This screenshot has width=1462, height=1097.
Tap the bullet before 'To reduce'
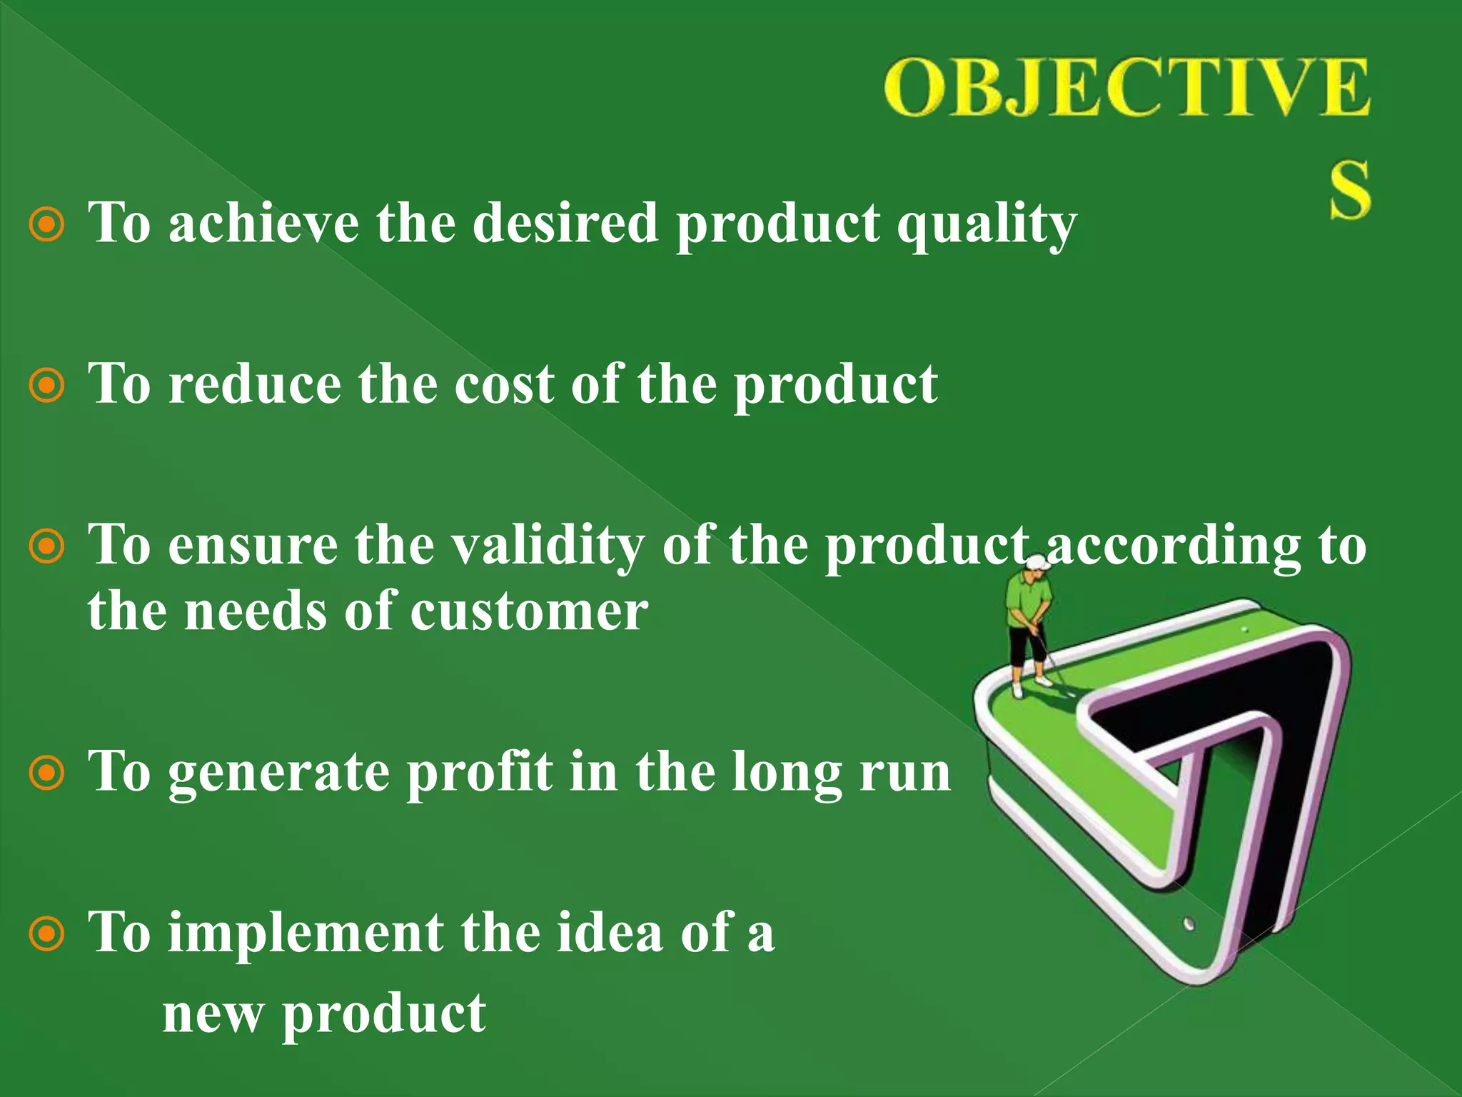click(47, 386)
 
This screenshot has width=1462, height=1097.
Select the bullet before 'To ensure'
click(47, 547)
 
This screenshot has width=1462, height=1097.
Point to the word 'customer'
click(529, 613)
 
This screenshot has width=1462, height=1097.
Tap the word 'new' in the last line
click(212, 1014)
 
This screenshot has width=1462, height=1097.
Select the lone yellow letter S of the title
click(1349, 190)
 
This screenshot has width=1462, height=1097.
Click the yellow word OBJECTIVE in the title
click(1126, 89)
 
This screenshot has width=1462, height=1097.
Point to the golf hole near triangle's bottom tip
click(1189, 923)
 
